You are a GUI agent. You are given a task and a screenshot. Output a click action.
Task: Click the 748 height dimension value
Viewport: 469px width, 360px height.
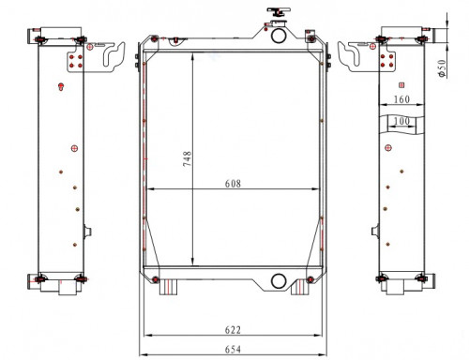pos(187,158)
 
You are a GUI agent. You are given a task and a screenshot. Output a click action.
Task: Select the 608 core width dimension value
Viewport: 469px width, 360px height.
pos(233,184)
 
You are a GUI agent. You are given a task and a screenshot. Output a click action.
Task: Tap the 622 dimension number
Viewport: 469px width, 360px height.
pos(233,330)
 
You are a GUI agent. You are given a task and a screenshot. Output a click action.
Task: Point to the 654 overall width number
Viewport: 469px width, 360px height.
pos(233,350)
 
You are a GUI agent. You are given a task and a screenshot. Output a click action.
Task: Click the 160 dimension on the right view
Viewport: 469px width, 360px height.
pos(401,99)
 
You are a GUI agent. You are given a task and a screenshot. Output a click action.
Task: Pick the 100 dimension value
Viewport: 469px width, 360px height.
pos(401,121)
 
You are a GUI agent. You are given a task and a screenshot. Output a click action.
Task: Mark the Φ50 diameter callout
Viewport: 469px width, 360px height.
pos(442,68)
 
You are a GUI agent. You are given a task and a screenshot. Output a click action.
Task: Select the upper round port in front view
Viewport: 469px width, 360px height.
pos(278,36)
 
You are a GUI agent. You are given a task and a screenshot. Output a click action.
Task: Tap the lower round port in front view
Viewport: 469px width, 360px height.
pos(278,281)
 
